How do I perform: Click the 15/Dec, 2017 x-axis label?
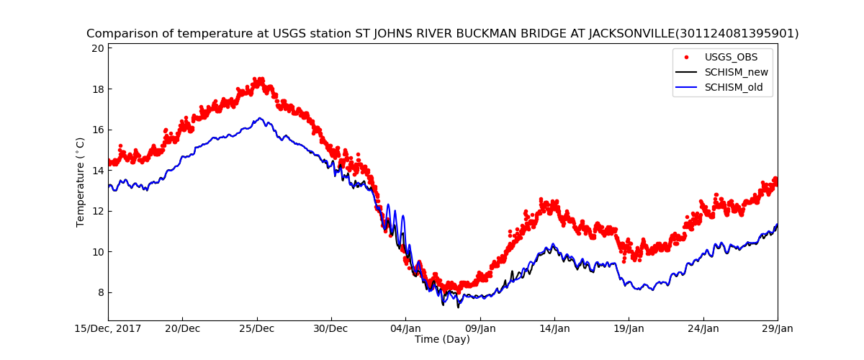pyautogui.click(x=108, y=328)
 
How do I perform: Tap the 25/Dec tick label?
pyautogui.click(x=257, y=328)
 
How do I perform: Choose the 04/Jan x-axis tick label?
pyautogui.click(x=405, y=328)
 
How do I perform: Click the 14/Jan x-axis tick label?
pyautogui.click(x=554, y=328)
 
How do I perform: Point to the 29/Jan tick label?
pyautogui.click(x=778, y=328)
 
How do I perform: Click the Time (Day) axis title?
pyautogui.click(x=442, y=339)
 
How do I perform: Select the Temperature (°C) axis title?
pyautogui.click(x=81, y=181)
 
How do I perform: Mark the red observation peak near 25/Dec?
pyautogui.click(x=258, y=80)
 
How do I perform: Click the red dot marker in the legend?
pyautogui.click(x=685, y=57)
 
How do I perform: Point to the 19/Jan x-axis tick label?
pyautogui.click(x=629, y=328)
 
